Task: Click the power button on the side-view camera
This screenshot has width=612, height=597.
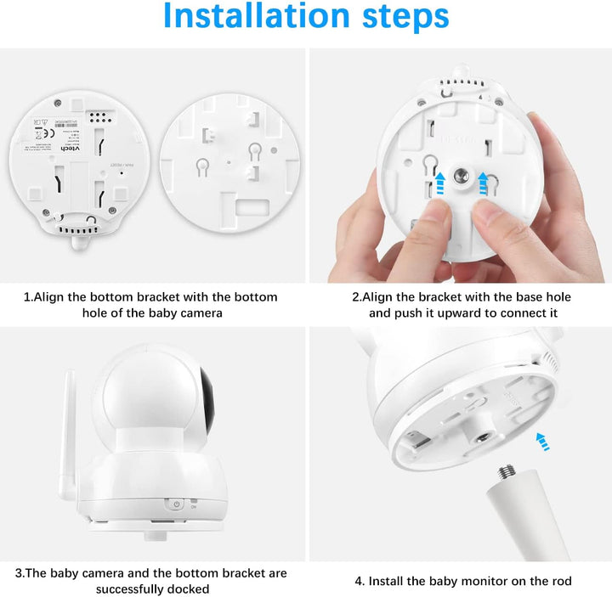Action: [176, 504]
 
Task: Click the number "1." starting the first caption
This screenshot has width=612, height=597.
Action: [29, 297]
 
